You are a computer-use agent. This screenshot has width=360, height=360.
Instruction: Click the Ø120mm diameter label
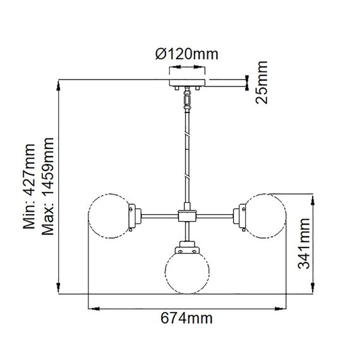[x=186, y=54]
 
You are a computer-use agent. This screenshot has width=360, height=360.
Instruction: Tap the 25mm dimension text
[x=261, y=81]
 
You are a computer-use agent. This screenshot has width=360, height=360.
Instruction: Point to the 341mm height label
[x=304, y=245]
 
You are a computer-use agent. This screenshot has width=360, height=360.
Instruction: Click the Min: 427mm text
[x=30, y=186]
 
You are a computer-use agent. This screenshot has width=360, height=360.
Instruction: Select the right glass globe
[x=265, y=216]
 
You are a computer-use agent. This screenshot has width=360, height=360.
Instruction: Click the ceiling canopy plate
[x=186, y=83]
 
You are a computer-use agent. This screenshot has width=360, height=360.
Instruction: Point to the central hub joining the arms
[x=186, y=216]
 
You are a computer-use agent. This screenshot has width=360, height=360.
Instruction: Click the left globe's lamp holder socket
[x=133, y=216]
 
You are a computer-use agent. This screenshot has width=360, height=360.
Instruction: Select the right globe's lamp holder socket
[x=241, y=216]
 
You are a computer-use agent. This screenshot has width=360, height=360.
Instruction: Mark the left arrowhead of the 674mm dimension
[x=92, y=309]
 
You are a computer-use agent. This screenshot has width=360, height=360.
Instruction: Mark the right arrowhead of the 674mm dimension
[x=282, y=309]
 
